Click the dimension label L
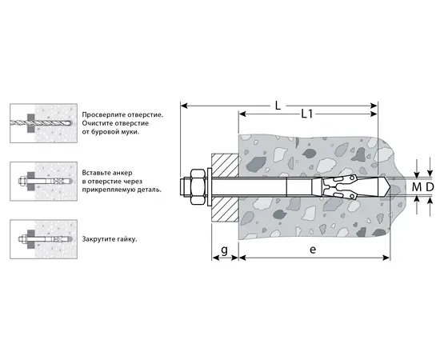[278, 106]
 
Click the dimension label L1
[307, 114]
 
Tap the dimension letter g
[224, 250]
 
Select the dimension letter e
[313, 250]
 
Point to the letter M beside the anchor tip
[417, 187]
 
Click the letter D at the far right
[430, 187]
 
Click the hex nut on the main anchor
[198, 187]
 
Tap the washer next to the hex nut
[210, 187]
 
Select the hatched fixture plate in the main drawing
[225, 187]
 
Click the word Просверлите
[104, 114]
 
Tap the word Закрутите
[95, 239]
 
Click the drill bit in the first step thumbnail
[42, 122]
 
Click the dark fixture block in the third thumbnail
[30, 239]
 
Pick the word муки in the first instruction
[130, 132]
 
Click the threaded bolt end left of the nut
[186, 187]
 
